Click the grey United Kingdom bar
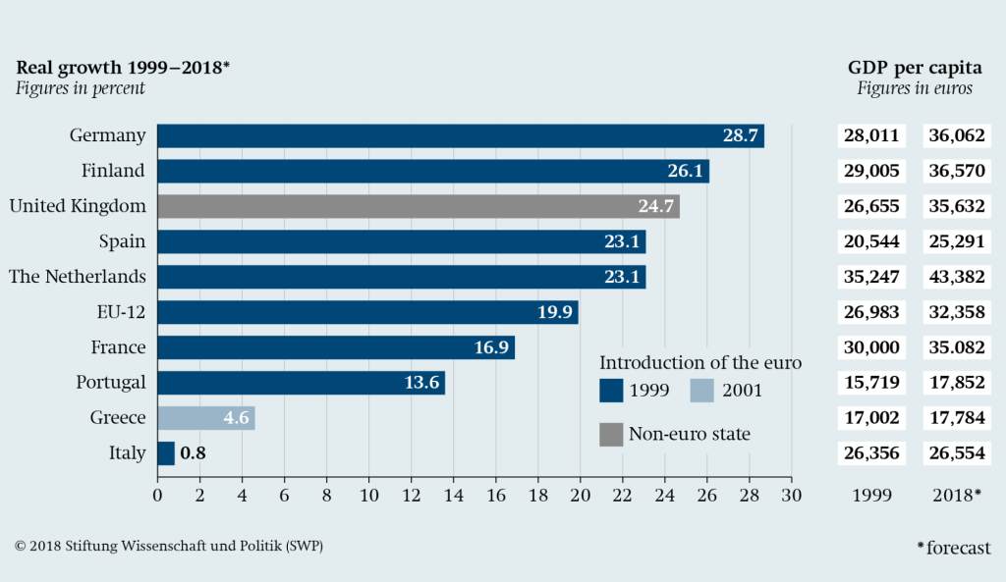click(x=418, y=206)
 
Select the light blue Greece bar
click(x=206, y=418)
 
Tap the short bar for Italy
click(x=166, y=453)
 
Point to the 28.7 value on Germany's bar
click(x=740, y=135)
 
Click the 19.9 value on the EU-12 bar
click(x=554, y=312)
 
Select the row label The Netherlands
click(x=78, y=277)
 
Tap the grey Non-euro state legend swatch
click(x=609, y=434)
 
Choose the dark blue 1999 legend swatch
click(x=609, y=391)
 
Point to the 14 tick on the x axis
click(x=453, y=495)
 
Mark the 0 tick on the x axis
click(x=157, y=495)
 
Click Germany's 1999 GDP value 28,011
click(x=871, y=135)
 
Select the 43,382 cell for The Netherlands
click(x=955, y=277)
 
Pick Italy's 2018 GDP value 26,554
click(x=955, y=453)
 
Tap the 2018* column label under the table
click(x=955, y=495)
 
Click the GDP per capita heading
click(x=915, y=68)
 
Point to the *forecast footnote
click(x=953, y=548)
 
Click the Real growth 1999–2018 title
click(x=123, y=68)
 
